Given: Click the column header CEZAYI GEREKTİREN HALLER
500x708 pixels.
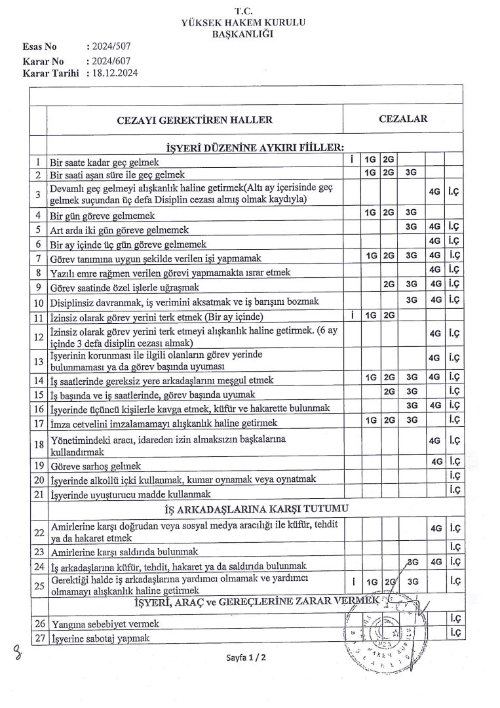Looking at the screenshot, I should pyautogui.click(x=195, y=120).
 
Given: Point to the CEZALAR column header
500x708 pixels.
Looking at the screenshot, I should pyautogui.click(x=403, y=119).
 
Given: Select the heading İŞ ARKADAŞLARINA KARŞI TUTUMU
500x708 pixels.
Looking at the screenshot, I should pyautogui.click(x=256, y=509).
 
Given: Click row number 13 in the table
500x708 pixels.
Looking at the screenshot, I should pyautogui.click(x=38, y=360).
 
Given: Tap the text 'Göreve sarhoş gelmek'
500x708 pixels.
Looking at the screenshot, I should pyautogui.click(x=96, y=466).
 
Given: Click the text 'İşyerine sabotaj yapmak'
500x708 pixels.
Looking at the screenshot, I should pyautogui.click(x=100, y=638).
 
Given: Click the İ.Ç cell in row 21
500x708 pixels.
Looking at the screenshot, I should pyautogui.click(x=453, y=489).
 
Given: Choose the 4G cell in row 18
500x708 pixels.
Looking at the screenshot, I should pyautogui.click(x=434, y=441).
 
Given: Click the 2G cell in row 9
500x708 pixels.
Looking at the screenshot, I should pyautogui.click(x=389, y=285).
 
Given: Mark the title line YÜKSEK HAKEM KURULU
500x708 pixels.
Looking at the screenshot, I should pyautogui.click(x=243, y=22).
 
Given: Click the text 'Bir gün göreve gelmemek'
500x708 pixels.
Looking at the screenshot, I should pyautogui.click(x=102, y=216).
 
